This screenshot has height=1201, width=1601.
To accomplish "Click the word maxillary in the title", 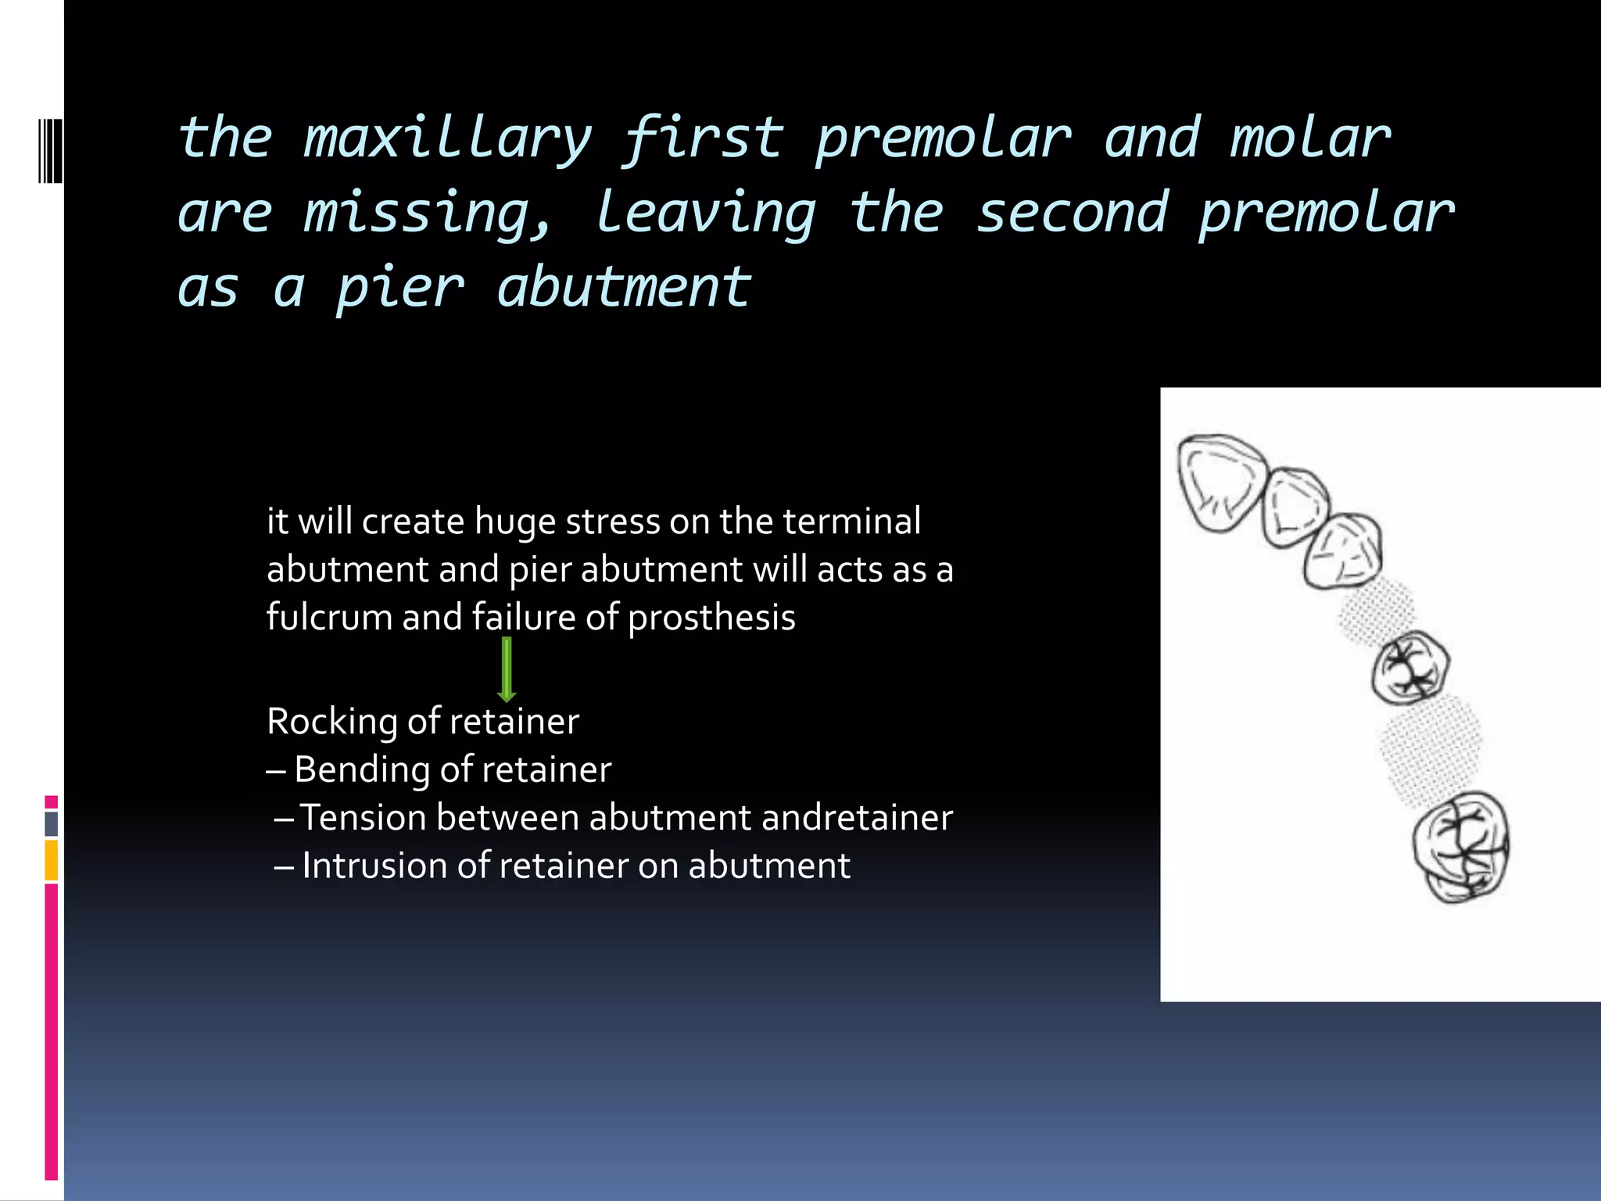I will click(x=446, y=139).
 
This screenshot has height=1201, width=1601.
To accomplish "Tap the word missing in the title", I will click(x=426, y=213).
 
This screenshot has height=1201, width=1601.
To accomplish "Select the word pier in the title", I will click(x=400, y=288).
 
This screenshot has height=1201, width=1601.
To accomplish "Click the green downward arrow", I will click(x=507, y=669).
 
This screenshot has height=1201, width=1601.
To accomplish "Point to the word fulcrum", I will click(x=328, y=617).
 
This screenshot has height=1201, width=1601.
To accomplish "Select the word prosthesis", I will click(x=711, y=618).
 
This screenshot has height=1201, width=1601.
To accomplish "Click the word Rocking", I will click(x=331, y=721).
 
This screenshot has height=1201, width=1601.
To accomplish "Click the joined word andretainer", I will click(x=856, y=817).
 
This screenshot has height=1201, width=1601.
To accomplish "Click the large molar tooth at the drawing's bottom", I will click(x=1460, y=848).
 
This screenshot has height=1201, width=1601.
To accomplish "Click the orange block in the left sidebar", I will click(x=52, y=860).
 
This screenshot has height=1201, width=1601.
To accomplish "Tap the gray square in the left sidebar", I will click(x=52, y=823).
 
